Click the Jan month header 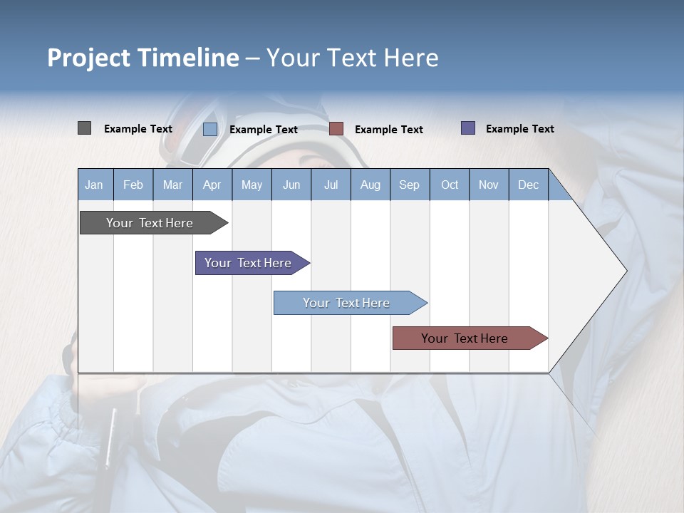coord(95,185)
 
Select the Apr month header coord(212,185)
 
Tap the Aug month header coord(370,185)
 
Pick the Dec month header coord(528,185)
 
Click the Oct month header coord(450,185)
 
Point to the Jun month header coord(291,185)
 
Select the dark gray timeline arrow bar coord(150,223)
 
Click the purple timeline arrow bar coord(249,263)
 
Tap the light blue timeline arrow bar coord(347,303)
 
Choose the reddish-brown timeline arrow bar coord(465,338)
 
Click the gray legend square coord(84,128)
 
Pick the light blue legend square coord(210,129)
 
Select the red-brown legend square coord(336,128)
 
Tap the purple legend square coord(468,128)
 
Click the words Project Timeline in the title coord(143,58)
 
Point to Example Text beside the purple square coord(519,128)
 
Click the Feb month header coord(133,185)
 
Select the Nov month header coord(489,185)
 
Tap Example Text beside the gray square coord(138,128)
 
